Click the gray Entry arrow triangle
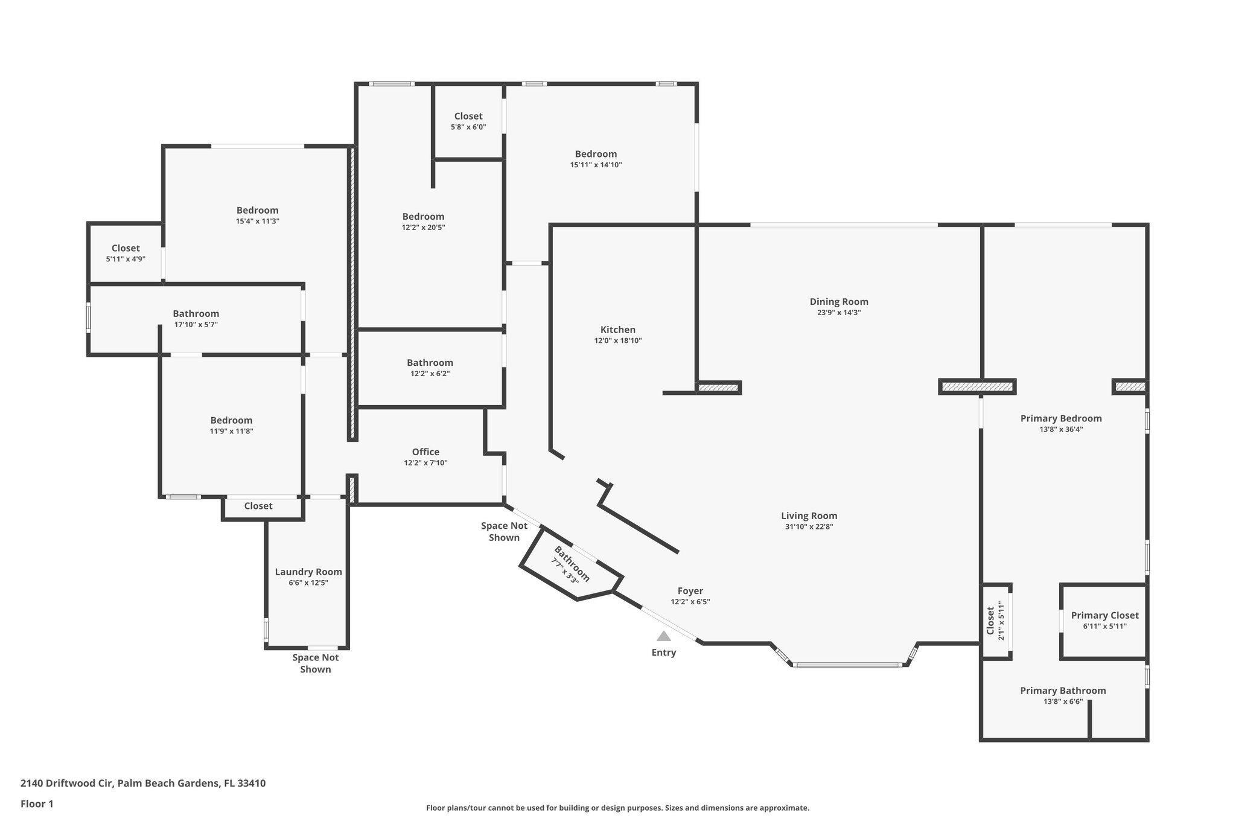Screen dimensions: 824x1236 663,636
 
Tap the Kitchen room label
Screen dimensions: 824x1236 617,330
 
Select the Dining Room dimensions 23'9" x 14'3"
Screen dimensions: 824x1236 839,313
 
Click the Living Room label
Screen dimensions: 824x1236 809,516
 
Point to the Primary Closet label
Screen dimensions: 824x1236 1104,615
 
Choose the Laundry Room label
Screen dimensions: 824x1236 308,572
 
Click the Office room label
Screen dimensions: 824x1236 425,452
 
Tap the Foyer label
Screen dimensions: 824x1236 690,591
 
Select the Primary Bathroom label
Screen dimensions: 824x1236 1063,691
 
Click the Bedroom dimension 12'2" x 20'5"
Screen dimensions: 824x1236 423,228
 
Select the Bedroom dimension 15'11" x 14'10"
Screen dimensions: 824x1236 596,165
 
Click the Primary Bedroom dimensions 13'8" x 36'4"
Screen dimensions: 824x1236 1060,430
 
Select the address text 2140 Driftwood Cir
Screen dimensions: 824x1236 67,784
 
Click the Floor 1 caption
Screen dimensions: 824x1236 37,803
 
